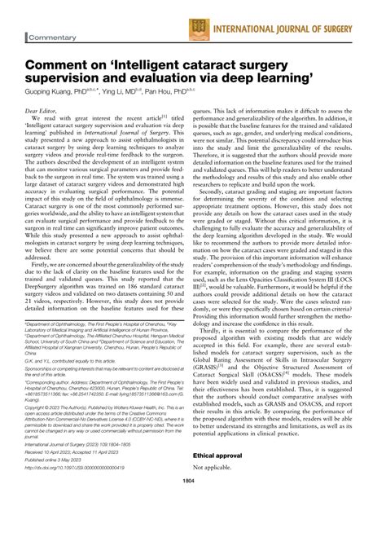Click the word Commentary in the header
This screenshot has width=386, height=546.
tap(55, 38)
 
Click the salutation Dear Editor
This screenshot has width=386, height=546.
tap(45, 108)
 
